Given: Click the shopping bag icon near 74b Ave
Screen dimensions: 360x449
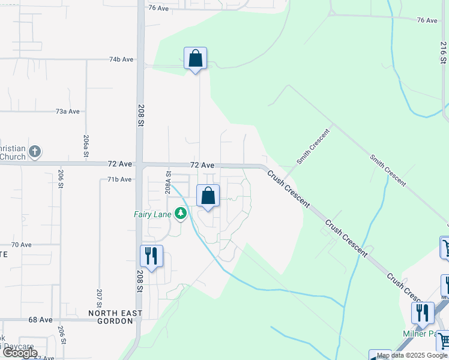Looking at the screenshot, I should coord(195,58).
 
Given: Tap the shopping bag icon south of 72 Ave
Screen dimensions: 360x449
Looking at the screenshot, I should coord(208,196).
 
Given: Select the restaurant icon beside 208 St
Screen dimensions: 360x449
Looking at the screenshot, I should coord(151,256).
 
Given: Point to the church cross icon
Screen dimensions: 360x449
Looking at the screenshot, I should coord(35,151).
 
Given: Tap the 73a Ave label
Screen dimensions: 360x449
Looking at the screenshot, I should coord(67,112).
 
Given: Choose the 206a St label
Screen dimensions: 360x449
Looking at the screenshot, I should coord(86,146).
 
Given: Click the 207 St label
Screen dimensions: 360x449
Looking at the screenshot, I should coord(99,299).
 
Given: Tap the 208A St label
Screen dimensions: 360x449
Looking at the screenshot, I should coord(167,182).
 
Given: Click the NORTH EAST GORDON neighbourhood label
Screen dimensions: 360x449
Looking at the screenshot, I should coord(115,317).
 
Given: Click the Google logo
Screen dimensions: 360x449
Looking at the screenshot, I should coord(20,353).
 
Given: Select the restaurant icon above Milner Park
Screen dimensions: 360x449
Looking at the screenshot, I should coord(423,313).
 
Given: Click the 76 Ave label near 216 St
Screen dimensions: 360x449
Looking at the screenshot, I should coord(427,20).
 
